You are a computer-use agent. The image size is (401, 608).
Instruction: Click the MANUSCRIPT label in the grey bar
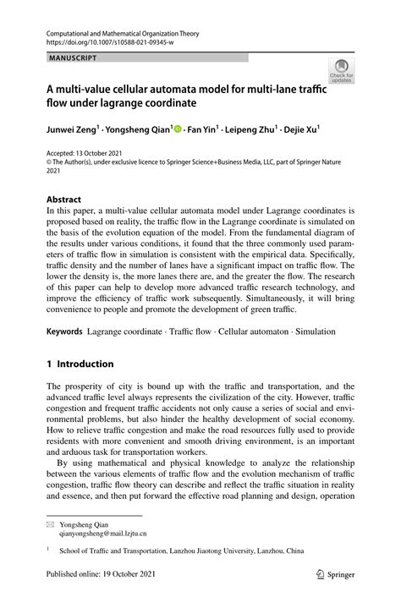coord(71,58)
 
